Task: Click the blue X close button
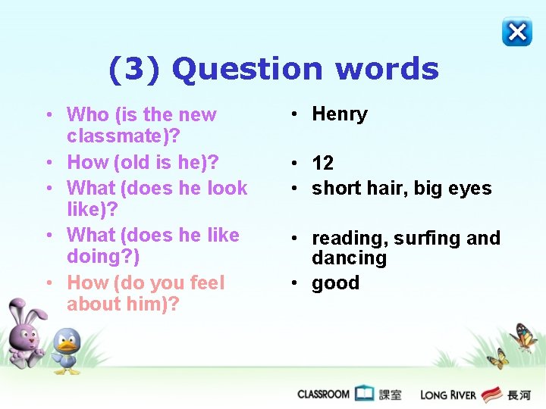pos(517,32)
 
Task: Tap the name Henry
pos(340,114)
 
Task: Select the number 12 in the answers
pos(322,163)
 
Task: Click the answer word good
pos(335,283)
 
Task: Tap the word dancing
pos(349,258)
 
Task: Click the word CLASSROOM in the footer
pos(323,394)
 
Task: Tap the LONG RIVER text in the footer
pos(448,395)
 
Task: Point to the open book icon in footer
pos(365,393)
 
